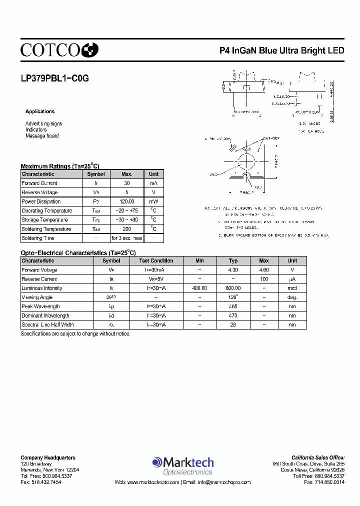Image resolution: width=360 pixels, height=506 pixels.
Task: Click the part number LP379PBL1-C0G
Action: coord(55,78)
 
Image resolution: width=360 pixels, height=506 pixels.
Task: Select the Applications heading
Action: coord(40,111)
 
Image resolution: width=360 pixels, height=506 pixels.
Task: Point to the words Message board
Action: coord(42,136)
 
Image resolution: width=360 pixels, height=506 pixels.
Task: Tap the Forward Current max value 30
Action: coord(126,183)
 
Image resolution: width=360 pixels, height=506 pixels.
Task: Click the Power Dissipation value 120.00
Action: coord(126,201)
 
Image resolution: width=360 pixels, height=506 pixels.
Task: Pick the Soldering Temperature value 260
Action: coord(126,229)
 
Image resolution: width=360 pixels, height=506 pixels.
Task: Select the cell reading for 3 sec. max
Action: coord(126,238)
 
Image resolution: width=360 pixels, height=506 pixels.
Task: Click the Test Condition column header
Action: coord(156,260)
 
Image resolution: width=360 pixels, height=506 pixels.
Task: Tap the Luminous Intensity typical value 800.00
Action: coord(233,288)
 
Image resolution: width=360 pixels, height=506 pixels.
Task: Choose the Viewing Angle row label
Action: coord(37,297)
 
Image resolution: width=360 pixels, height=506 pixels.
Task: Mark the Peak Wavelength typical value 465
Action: coord(233,306)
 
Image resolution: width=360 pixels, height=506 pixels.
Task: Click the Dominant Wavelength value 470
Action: coord(233,315)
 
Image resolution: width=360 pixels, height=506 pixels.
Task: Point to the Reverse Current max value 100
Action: coord(264,279)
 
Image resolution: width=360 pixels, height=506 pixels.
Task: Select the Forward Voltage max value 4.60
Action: coord(264,270)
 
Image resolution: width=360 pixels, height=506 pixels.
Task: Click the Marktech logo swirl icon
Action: coord(157,462)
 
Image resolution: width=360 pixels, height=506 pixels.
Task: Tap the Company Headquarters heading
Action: coord(48,457)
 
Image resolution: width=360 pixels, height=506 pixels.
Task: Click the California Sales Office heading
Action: coord(318,457)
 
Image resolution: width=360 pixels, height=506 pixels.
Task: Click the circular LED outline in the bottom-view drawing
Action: coord(245,163)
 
